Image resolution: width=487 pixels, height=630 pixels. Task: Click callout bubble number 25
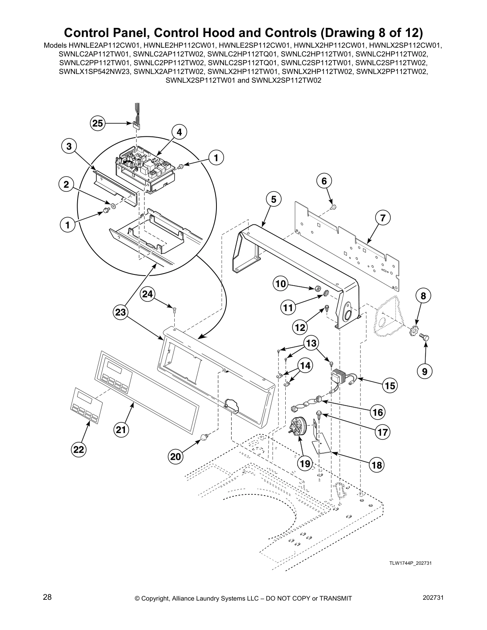click(x=97, y=124)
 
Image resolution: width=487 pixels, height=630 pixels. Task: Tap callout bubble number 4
click(x=179, y=132)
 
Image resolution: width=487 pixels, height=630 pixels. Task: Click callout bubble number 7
click(x=382, y=218)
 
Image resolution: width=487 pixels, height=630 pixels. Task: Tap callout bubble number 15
click(x=390, y=385)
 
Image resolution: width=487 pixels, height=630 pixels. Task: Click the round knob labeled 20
click(x=204, y=437)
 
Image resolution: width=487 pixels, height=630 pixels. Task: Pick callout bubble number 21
click(x=121, y=429)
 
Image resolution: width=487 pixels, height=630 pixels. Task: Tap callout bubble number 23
click(x=121, y=313)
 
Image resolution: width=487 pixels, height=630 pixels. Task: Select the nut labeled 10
click(x=318, y=288)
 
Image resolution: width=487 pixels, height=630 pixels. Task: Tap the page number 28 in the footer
click(x=47, y=597)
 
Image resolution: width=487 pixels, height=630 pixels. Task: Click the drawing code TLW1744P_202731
click(x=411, y=563)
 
